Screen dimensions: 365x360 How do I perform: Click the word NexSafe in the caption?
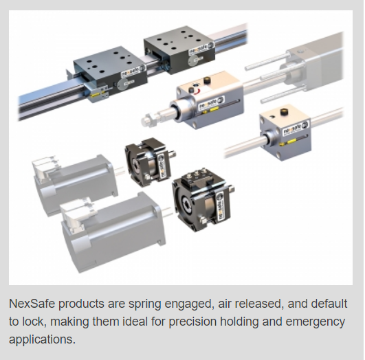[x=32, y=304]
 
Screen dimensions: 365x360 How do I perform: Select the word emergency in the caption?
[x=316, y=322]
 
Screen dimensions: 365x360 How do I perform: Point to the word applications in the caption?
[x=42, y=340]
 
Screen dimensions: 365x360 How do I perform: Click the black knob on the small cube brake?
[x=283, y=111]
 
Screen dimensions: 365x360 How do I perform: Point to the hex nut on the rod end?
[x=148, y=120]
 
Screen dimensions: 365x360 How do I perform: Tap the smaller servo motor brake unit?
[x=149, y=161]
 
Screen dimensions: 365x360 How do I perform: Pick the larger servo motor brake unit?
[x=202, y=199]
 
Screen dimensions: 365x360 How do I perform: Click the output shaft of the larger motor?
[x=167, y=211]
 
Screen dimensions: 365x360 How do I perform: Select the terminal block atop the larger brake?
[x=197, y=177]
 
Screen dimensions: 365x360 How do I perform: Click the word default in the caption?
[x=318, y=304]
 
